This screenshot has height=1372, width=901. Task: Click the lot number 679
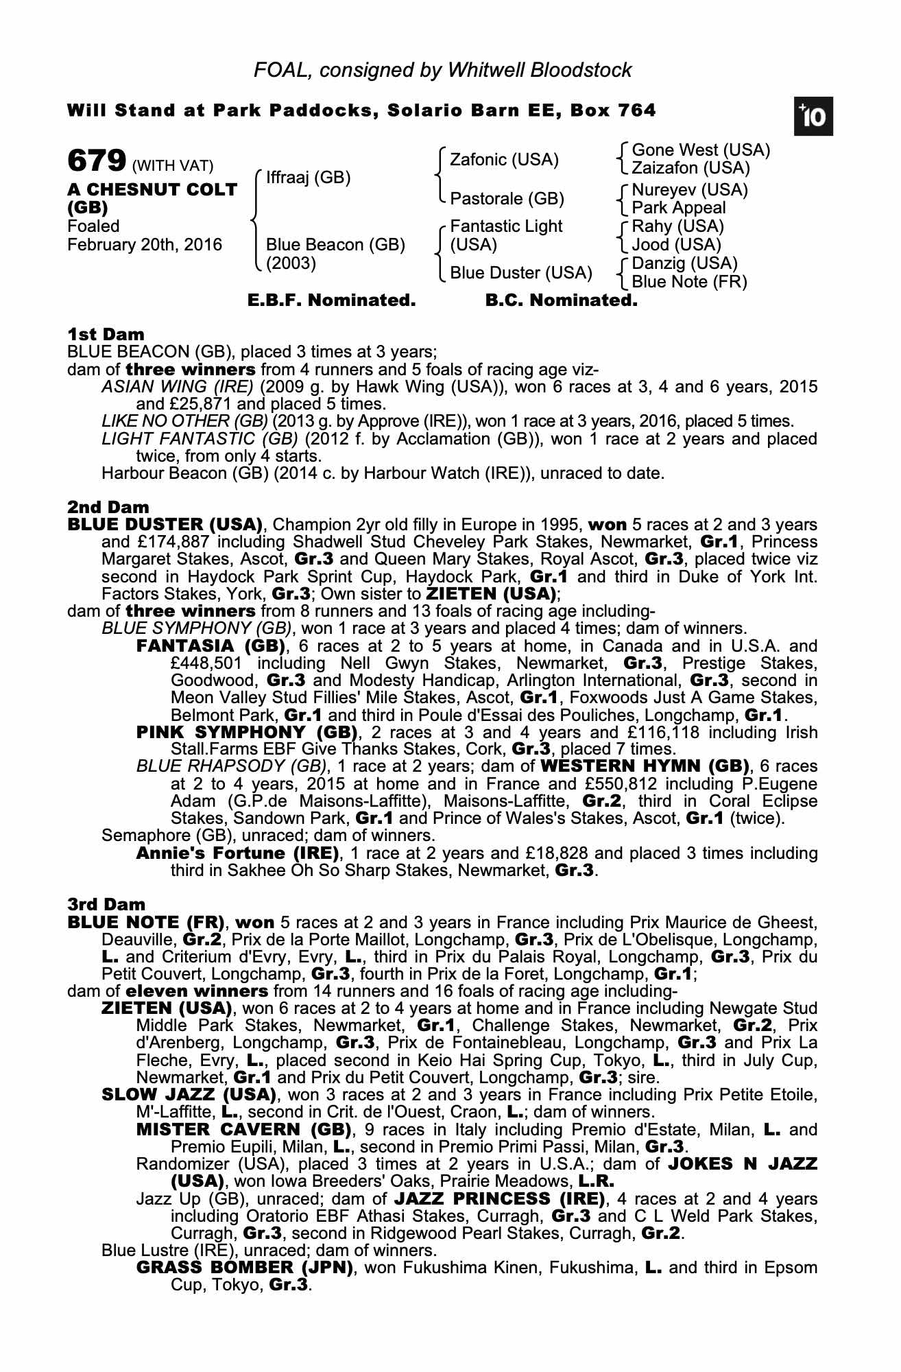[97, 161]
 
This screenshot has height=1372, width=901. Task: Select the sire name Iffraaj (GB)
[308, 178]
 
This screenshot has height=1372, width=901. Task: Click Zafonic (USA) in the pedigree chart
[504, 160]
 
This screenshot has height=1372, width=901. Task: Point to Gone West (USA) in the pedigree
[701, 150]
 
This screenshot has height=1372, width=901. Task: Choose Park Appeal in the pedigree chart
[678, 208]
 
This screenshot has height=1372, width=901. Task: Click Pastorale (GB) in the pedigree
[507, 199]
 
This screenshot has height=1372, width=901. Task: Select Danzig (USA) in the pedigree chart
[684, 263]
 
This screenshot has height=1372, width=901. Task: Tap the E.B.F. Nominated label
[331, 300]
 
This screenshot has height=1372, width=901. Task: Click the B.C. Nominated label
[561, 300]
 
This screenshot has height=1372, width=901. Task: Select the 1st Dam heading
[106, 334]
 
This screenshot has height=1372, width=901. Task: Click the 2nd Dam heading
[108, 507]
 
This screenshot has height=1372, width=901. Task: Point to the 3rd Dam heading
[106, 905]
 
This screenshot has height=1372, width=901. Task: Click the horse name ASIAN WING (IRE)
[178, 387]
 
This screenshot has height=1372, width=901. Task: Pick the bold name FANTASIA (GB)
[211, 646]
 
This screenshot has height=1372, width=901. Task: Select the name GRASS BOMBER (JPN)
[245, 1268]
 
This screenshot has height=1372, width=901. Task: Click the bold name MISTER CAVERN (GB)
[244, 1129]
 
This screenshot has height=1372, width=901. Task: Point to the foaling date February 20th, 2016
[145, 245]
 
